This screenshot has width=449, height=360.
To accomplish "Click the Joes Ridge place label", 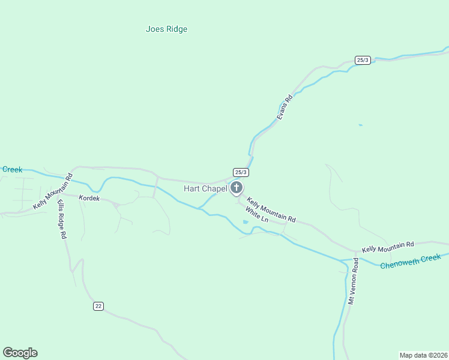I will [167, 29].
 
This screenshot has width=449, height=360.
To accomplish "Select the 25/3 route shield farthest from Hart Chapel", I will [362, 60].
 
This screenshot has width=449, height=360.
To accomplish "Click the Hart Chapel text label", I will [205, 188].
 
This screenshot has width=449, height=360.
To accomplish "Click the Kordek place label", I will [89, 198].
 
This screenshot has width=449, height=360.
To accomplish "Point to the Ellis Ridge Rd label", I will [61, 220].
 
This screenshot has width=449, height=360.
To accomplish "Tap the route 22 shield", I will [98, 306].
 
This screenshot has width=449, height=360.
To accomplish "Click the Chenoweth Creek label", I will [411, 261].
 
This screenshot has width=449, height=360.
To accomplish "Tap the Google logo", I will [20, 353].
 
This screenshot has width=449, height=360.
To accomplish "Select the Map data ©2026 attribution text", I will [423, 355].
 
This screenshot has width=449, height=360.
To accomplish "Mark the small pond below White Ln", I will [246, 223].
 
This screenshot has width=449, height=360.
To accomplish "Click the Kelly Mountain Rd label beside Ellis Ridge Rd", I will [53, 191].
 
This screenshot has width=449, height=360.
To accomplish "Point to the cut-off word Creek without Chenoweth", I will [12, 170].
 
